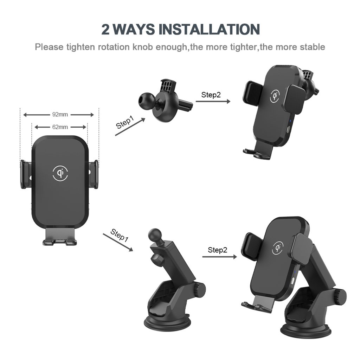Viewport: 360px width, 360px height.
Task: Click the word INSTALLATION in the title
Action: (x=209, y=29)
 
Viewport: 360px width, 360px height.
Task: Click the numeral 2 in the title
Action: (x=105, y=30)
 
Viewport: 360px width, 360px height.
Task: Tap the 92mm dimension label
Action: (x=60, y=114)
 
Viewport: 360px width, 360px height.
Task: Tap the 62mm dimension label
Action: (x=60, y=127)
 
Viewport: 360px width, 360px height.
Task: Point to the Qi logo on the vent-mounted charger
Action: (x=275, y=96)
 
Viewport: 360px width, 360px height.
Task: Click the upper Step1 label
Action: (x=125, y=122)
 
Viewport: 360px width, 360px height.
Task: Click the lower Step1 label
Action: (x=119, y=235)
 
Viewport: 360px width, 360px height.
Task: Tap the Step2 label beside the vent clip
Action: (x=211, y=95)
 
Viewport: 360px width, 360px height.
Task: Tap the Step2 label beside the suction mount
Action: (x=217, y=250)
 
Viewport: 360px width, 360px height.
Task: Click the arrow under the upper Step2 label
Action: (x=213, y=101)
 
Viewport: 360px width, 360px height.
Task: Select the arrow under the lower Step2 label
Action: (x=219, y=257)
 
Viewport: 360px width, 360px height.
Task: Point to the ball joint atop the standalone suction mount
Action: (x=155, y=235)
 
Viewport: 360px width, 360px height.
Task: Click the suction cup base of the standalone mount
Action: (x=167, y=323)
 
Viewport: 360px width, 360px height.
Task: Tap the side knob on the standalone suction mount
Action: (x=200, y=290)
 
